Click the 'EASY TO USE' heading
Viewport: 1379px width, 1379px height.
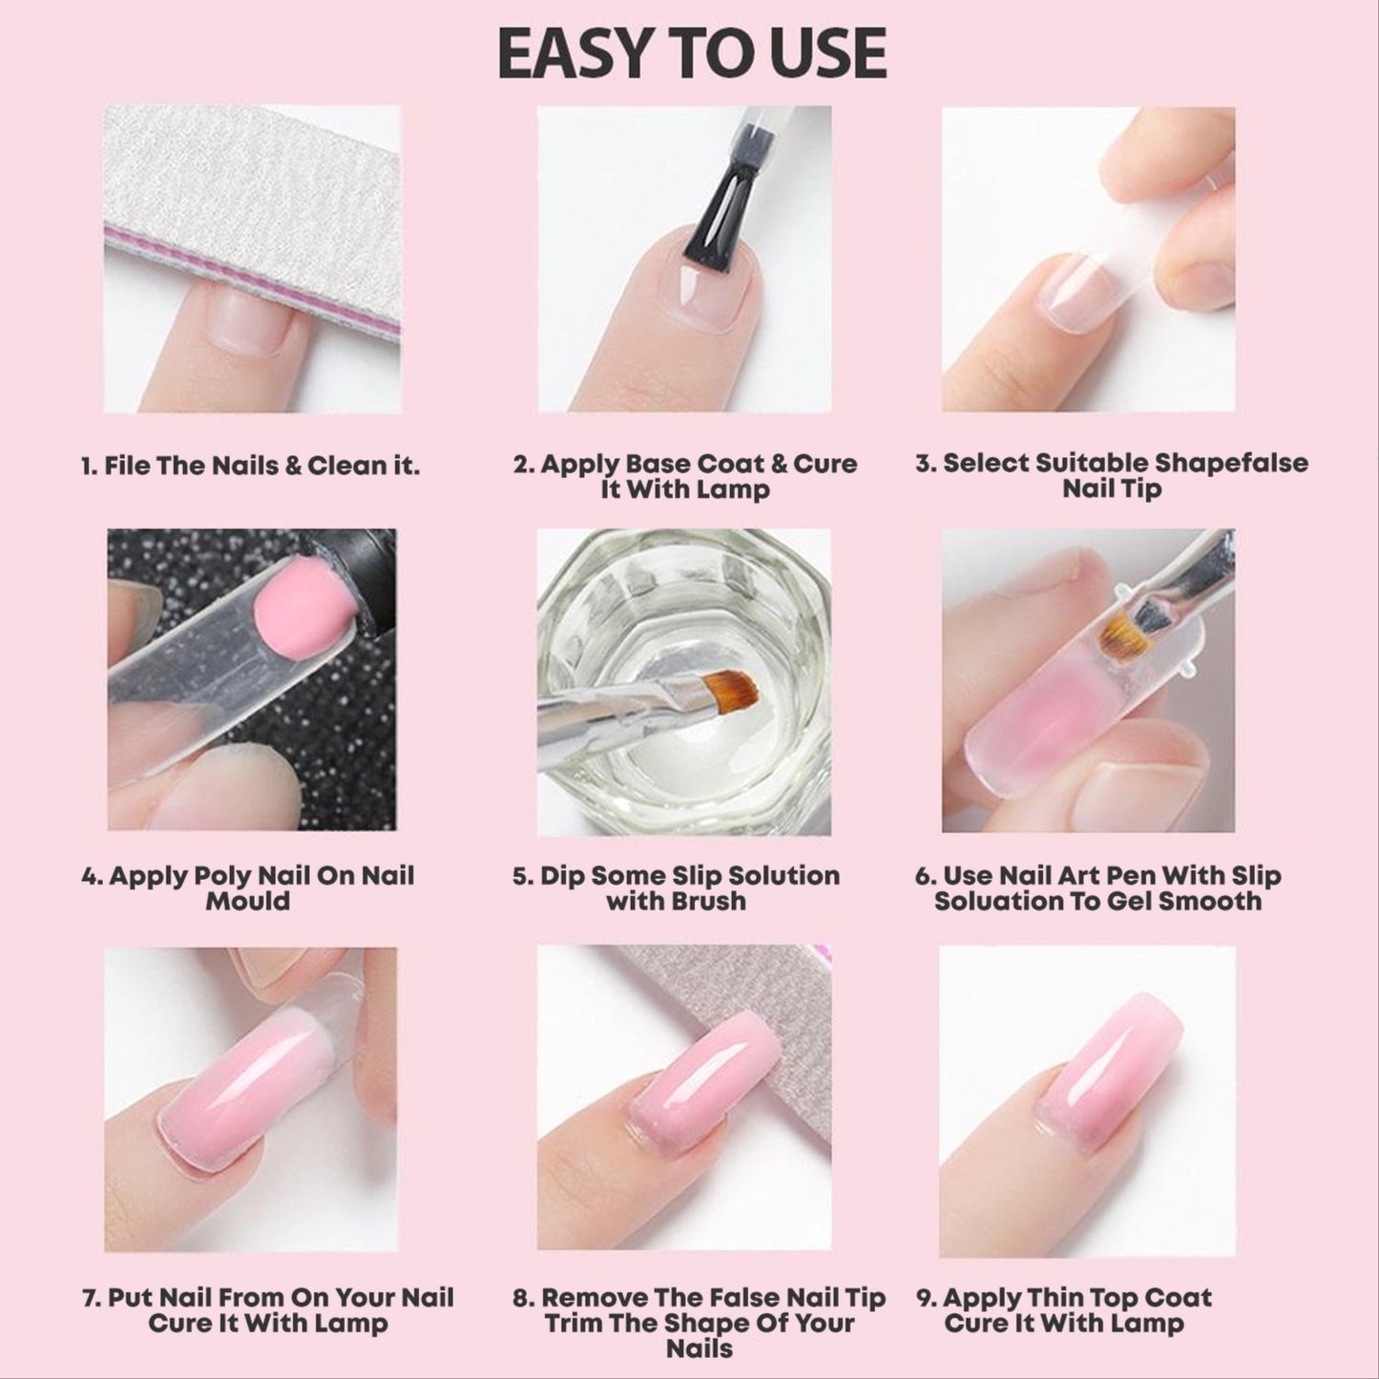point(691,54)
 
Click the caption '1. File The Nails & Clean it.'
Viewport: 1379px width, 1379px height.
point(249,467)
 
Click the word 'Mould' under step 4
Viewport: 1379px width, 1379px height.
point(247,901)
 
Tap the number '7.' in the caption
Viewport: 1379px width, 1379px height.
point(93,1298)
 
